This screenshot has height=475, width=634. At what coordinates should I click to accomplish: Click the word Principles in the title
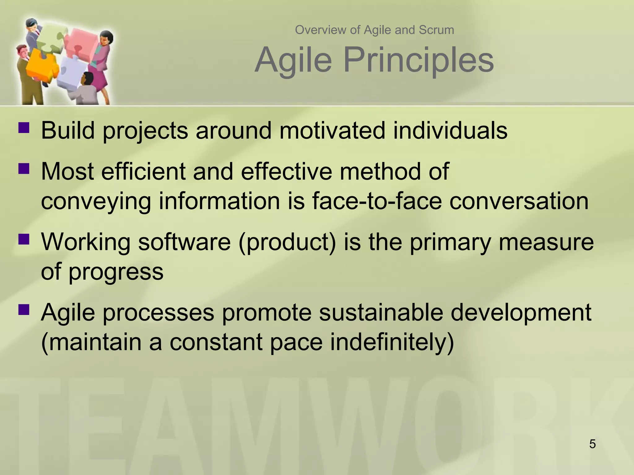coord(418,59)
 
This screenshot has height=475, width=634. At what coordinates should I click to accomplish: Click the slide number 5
coord(593,444)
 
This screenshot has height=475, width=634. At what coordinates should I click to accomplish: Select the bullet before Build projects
coord(24,127)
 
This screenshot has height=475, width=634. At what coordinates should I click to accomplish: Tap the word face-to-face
coord(377,201)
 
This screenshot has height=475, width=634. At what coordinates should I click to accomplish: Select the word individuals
coord(450,131)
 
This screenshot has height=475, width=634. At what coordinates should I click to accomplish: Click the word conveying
coord(96,202)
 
